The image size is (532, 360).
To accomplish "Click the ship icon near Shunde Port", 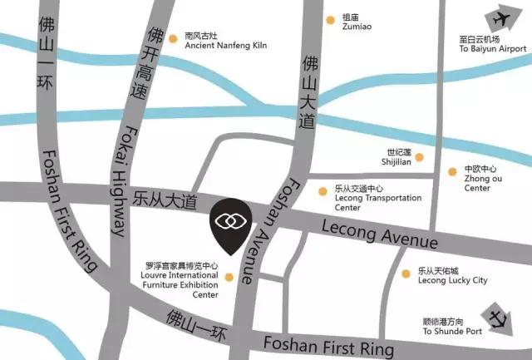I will (499, 319).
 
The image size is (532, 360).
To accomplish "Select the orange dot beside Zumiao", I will (331, 17).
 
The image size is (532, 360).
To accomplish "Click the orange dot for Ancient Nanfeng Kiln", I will (173, 37).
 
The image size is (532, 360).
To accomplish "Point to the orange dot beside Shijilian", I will (420, 157).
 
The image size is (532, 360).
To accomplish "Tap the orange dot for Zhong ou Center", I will (452, 172).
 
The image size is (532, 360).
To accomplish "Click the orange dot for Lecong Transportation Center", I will (323, 190).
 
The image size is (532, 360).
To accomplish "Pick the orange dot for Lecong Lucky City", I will (406, 273).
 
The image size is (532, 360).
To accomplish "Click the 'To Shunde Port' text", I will (452, 332).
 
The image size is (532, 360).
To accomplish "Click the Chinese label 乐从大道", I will (167, 200).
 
